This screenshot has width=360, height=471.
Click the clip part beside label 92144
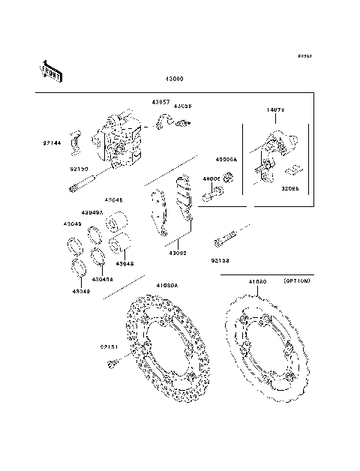(x=76, y=139)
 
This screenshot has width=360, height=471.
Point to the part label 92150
(x=79, y=169)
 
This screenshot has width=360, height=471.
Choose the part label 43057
(x=162, y=102)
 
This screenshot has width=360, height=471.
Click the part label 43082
(x=177, y=253)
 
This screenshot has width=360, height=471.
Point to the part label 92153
(x=220, y=260)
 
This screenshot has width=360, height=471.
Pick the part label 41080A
(x=167, y=286)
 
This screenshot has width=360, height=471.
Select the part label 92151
(x=109, y=346)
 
